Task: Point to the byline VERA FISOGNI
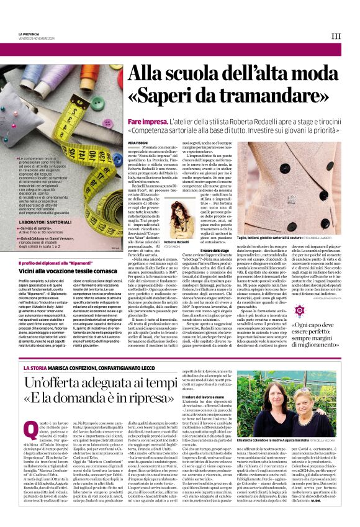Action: [138, 143]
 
